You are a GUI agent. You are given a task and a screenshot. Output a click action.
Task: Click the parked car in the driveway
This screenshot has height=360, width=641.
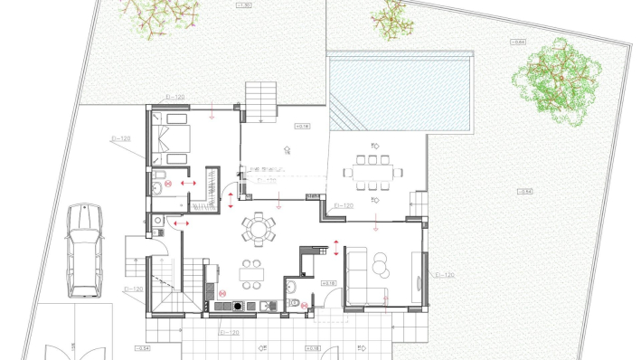[x=84, y=251]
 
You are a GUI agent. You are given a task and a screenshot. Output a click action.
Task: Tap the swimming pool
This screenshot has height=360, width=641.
[x=402, y=91]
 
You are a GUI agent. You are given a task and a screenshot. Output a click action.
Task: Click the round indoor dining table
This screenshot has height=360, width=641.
[x=259, y=227]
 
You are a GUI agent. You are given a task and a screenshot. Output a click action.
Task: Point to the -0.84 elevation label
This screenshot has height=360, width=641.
[x=516, y=42]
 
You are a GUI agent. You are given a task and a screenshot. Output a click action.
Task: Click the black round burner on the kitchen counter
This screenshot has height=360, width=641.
[x=238, y=307]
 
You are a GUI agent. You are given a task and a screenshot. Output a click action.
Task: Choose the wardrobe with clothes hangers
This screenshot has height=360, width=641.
[x=213, y=185]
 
